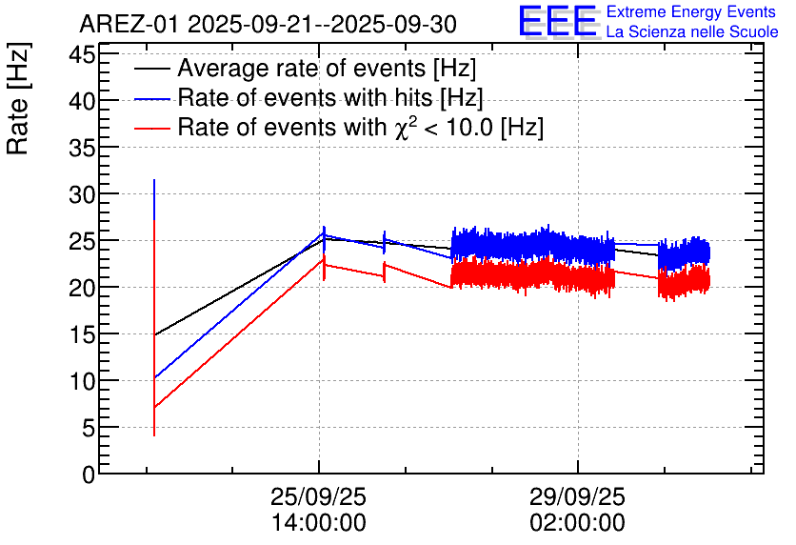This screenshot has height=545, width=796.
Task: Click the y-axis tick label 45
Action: point(83,54)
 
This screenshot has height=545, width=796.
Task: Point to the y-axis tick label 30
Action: point(83,194)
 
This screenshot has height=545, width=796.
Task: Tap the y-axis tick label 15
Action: point(83,334)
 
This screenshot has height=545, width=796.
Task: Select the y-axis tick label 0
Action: point(89,474)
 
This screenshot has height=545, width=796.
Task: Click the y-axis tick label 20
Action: point(83,288)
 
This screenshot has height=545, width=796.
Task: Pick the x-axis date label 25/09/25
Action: point(318,497)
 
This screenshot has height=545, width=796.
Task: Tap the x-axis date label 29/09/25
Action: point(578,497)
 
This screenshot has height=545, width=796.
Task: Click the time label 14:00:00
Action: point(318,523)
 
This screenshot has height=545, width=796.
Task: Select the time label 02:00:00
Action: point(578,523)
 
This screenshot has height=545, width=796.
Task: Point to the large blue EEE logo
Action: point(558,22)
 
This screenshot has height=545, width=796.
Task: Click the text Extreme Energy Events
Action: point(691,12)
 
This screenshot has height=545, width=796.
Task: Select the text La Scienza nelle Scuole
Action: point(691,32)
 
